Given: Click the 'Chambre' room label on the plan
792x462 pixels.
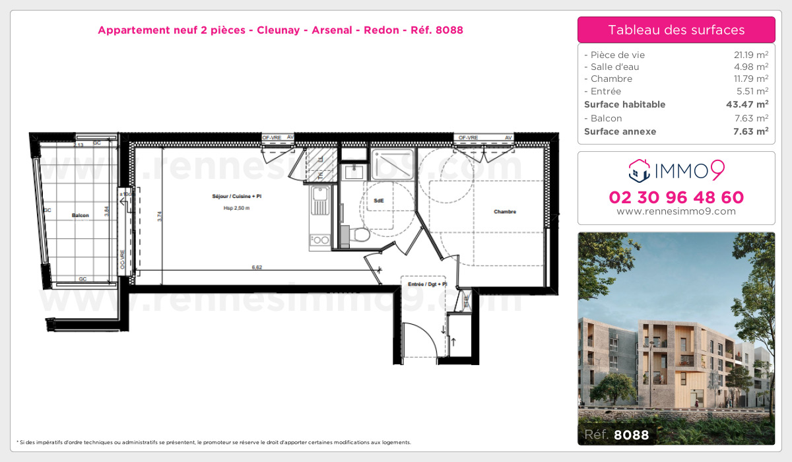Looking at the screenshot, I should click(504, 212).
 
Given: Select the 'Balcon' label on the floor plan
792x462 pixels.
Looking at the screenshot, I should click(81, 216).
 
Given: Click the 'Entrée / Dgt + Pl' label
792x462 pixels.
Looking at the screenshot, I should click(428, 284).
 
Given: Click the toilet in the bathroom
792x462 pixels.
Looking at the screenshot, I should click(357, 234).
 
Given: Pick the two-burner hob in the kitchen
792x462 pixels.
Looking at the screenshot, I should click(319, 240).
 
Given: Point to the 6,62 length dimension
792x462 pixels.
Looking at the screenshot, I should click(257, 267).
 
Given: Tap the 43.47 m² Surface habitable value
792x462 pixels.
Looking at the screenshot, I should click(746, 104).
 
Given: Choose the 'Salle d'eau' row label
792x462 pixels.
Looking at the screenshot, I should click(611, 67).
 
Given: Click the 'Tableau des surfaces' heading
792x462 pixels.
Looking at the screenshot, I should click(676, 30).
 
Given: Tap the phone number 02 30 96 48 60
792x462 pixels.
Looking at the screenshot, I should click(676, 197).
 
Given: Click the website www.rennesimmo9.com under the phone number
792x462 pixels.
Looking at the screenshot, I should click(676, 211).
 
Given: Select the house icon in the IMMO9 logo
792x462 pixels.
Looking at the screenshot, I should click(638, 172).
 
